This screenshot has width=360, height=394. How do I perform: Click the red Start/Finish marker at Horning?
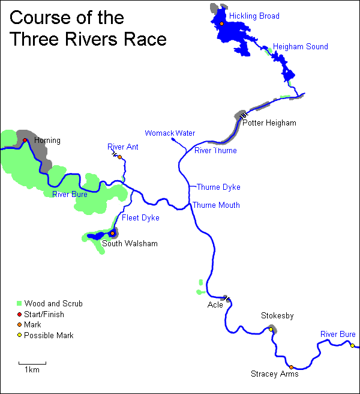25,141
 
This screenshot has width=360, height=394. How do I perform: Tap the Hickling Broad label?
254,16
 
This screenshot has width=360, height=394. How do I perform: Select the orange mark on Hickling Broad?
221,23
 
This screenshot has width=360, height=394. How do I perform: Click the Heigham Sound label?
300,46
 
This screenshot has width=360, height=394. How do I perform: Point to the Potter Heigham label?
269,123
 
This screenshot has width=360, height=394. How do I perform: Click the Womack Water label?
170,133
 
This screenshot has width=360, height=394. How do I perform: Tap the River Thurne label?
215,151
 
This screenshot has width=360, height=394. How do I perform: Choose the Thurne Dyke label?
218,187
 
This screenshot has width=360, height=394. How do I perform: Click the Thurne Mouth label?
216,205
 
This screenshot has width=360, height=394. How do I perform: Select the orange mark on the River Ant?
119,157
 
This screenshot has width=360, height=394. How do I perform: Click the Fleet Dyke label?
140,218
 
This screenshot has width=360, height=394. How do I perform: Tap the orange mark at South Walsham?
112,234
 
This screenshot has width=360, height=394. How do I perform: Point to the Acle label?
215,305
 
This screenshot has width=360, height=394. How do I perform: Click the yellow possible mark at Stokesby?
271,329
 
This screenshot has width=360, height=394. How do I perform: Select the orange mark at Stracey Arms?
291,367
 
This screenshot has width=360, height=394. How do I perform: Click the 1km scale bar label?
32,370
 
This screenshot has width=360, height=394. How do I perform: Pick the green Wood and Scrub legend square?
19,304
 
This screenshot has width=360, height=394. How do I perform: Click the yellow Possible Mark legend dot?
19,335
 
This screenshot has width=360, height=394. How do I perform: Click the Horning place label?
47,141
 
